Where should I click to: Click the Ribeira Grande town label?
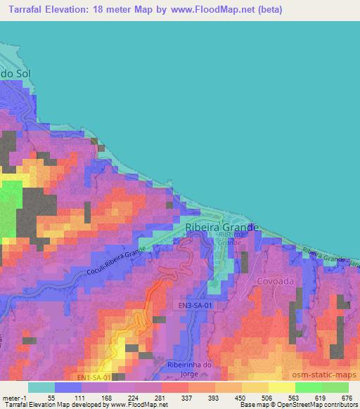click(222, 228)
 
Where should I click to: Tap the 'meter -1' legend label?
click(15, 398)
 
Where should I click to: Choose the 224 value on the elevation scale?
click(134, 398)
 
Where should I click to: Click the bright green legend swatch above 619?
click(309, 387)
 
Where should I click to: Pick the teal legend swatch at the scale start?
click(41, 387)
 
